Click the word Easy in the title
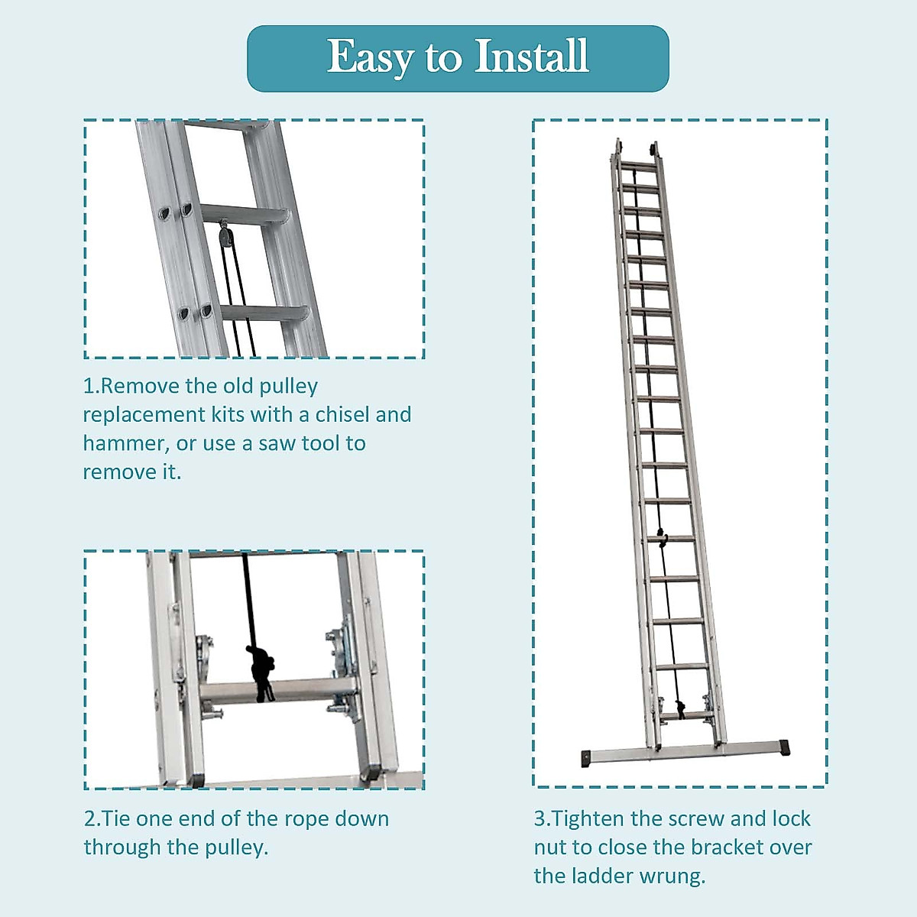[x=371, y=58]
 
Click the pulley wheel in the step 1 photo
[x=223, y=235]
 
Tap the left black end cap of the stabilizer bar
[x=587, y=759]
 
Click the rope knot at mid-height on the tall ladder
[x=662, y=537]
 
